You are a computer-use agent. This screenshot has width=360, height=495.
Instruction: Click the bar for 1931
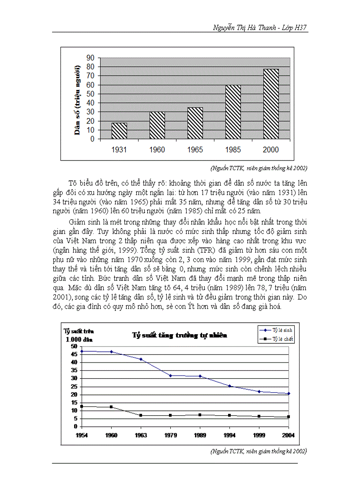point(119,131)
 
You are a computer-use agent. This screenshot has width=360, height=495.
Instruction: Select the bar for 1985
point(233,112)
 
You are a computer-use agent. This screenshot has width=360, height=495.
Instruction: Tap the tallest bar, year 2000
point(271,104)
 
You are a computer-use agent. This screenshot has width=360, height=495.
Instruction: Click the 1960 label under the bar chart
point(157,150)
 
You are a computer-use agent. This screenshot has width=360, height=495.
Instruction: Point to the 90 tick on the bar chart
point(90,58)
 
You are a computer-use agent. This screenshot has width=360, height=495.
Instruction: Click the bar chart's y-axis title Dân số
point(78,100)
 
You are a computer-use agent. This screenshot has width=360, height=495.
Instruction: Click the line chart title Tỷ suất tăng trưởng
point(180,335)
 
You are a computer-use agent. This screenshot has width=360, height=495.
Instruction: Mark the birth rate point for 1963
point(141,359)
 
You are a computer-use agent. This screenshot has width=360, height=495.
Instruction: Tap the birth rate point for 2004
point(289,393)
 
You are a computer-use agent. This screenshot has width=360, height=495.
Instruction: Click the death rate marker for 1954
point(82,406)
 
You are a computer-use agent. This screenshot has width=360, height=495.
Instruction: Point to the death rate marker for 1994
point(229,415)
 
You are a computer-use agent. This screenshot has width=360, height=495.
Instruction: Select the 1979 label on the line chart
point(170,435)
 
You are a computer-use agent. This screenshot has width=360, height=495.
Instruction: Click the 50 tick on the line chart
point(74,346)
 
